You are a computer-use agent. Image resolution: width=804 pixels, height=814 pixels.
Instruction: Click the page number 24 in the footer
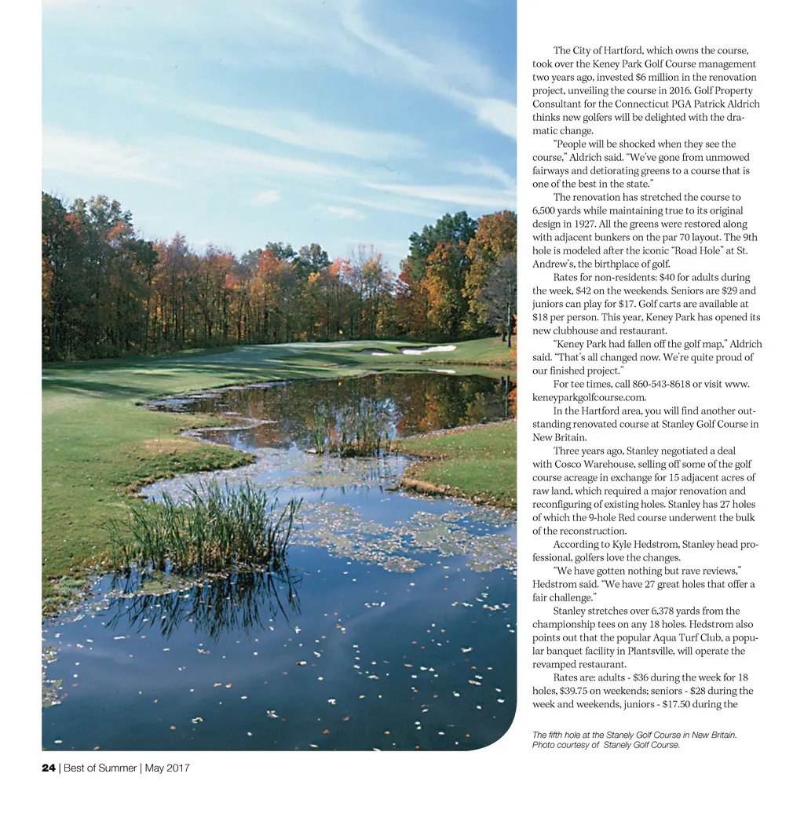pos(49,768)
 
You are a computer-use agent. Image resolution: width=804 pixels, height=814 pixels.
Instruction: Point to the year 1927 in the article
pos(586,224)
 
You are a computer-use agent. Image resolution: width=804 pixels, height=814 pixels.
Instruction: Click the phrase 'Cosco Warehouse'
pos(579,464)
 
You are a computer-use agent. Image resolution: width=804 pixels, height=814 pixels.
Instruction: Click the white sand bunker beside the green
pos(427,349)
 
